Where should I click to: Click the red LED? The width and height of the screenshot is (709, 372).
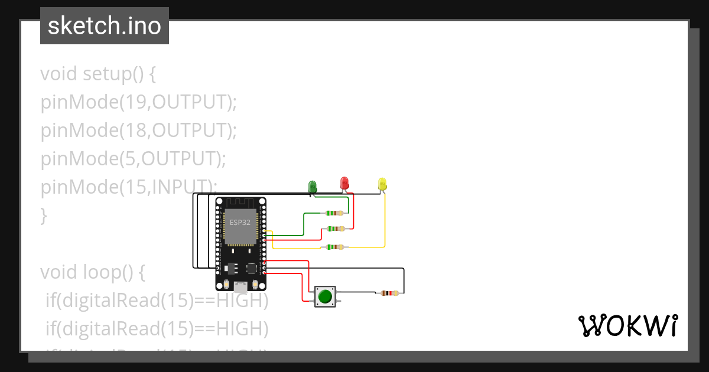[x=344, y=183]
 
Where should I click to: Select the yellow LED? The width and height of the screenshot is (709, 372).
[x=382, y=184]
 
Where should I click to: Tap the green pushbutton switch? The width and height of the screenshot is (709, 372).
[x=324, y=296]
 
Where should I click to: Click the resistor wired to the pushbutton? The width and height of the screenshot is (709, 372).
[x=389, y=293]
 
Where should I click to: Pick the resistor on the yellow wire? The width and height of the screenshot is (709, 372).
[x=334, y=247]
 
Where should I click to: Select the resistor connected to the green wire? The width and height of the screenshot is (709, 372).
[x=334, y=213]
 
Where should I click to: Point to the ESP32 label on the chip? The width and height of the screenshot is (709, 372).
[x=240, y=223]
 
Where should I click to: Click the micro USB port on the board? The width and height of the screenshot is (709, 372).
[x=240, y=288]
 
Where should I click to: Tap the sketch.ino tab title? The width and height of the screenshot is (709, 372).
[x=105, y=26]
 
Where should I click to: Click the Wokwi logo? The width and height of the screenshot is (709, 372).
[x=627, y=325]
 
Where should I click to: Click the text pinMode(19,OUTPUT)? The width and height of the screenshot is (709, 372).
[x=138, y=102]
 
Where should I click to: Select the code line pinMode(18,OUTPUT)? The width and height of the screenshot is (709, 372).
[x=138, y=130]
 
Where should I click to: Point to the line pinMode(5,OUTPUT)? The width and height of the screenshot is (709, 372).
[x=134, y=158]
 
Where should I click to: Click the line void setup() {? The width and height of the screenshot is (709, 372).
[x=98, y=74]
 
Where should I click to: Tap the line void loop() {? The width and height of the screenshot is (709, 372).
[x=93, y=272]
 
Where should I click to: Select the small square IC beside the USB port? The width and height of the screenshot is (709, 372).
[x=252, y=267]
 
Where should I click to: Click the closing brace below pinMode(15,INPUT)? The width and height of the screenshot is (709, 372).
[x=43, y=216]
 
